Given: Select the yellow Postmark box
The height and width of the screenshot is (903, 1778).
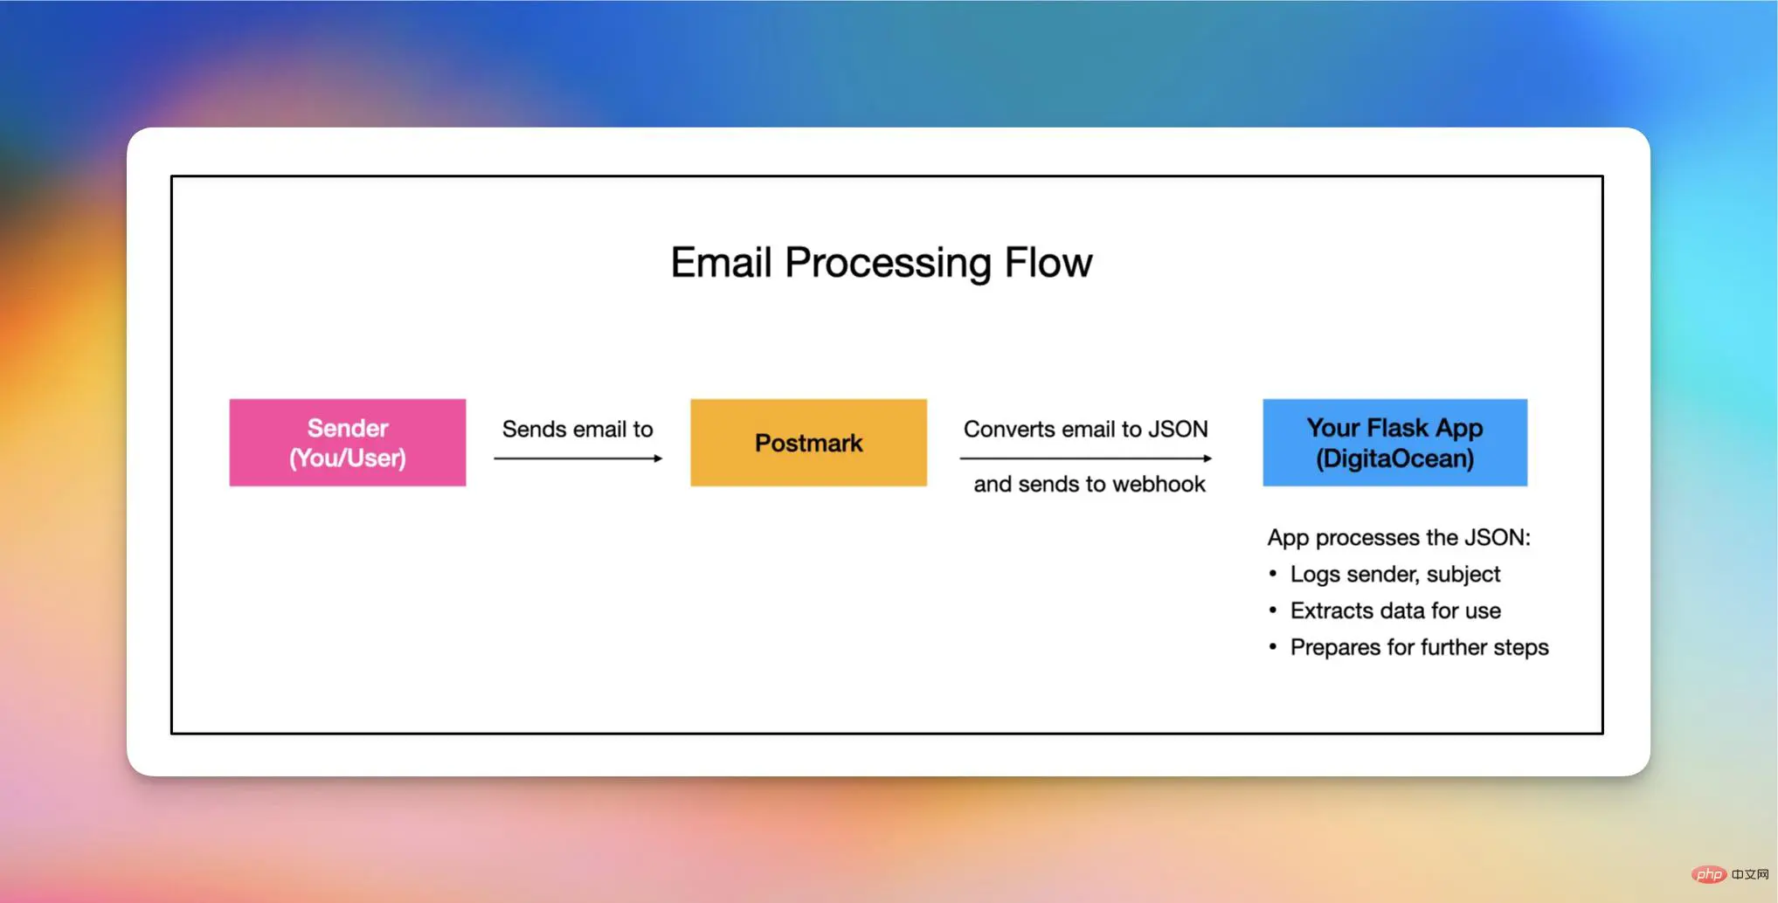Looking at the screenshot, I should [x=808, y=443].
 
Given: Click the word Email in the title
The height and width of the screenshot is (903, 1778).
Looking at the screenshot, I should [x=721, y=263].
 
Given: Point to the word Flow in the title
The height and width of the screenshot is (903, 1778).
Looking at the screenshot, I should [x=1048, y=263].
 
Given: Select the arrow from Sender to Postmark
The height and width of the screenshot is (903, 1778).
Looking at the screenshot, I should [x=578, y=458].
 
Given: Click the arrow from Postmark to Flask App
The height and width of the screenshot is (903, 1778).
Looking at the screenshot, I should [x=1085, y=458].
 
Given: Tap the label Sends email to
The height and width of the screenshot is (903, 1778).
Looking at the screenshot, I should [x=578, y=429].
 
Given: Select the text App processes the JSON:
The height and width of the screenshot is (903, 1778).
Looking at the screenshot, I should [x=1398, y=537].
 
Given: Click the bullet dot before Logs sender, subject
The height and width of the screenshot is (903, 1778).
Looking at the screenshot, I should [x=1272, y=574].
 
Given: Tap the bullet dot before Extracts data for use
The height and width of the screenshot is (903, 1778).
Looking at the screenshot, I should [x=1272, y=610].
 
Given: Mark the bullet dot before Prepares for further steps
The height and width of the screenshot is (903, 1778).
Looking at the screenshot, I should [x=1272, y=647].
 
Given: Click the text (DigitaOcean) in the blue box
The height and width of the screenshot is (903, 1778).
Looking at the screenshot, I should [x=1394, y=458].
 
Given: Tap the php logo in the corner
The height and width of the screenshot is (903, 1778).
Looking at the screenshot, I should [x=1708, y=874].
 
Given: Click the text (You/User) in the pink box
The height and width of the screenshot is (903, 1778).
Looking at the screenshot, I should [x=347, y=458].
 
